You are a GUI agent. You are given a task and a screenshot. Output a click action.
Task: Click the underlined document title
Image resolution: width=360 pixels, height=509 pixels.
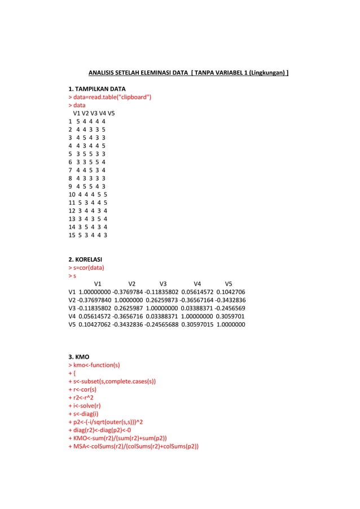click(x=188, y=73)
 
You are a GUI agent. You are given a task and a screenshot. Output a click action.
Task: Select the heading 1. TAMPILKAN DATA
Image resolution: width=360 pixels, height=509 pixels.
click(x=96, y=89)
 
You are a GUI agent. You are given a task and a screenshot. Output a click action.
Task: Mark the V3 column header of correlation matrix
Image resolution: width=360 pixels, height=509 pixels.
click(x=163, y=283)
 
